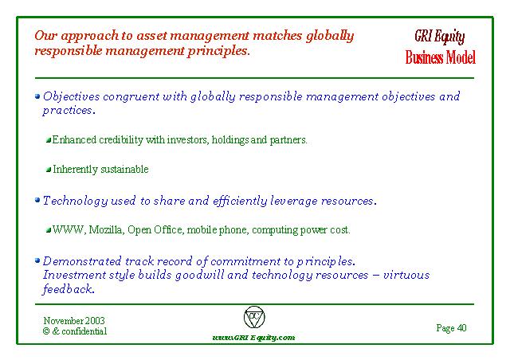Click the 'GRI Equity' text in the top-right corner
(x=439, y=37)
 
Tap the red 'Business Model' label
(x=441, y=57)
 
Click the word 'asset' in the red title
(x=151, y=36)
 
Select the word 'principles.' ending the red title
(x=218, y=51)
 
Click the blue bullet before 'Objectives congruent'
(x=37, y=96)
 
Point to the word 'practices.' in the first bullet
(x=69, y=111)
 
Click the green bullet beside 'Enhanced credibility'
(x=49, y=140)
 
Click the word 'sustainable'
(x=124, y=169)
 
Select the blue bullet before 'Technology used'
(x=37, y=200)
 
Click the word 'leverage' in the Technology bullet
(x=294, y=202)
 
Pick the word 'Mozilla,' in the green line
(x=106, y=230)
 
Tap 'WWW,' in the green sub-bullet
(x=69, y=230)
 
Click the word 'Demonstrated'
(x=82, y=261)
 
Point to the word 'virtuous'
(x=406, y=275)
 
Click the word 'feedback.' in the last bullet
(x=69, y=289)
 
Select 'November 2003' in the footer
(x=74, y=321)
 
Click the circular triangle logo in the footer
(x=254, y=317)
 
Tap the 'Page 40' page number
(x=452, y=328)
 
